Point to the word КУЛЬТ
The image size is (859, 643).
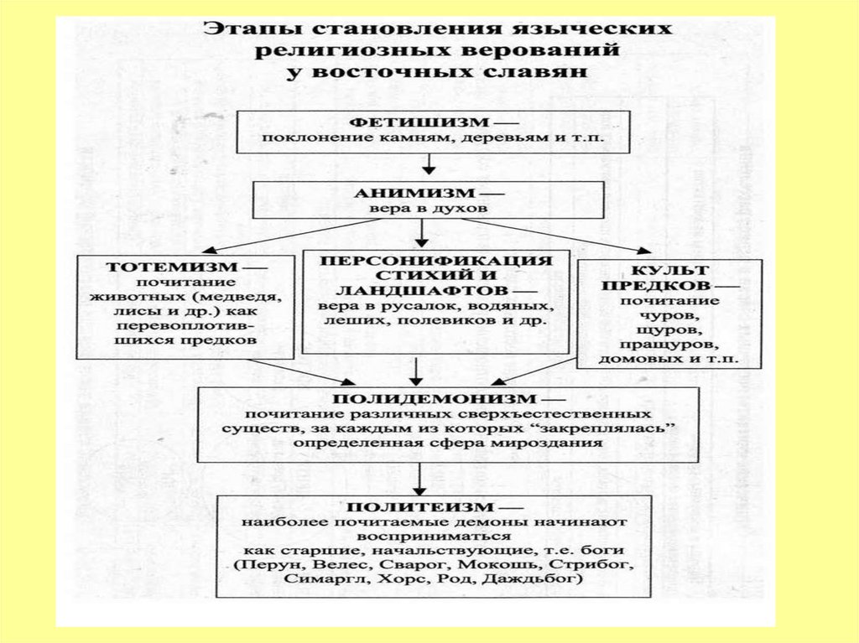pyautogui.click(x=669, y=270)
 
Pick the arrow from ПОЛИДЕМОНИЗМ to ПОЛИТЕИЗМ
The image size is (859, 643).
pyautogui.click(x=418, y=479)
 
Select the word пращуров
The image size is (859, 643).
pyautogui.click(x=669, y=345)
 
